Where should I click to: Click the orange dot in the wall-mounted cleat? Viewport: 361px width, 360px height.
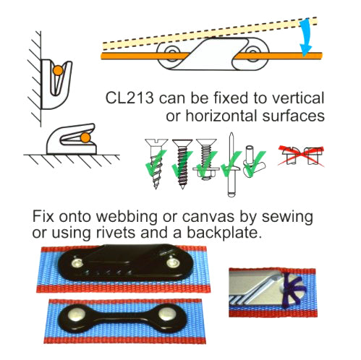coord(57,70)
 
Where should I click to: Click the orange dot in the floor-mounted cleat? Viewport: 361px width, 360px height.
coord(85,136)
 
